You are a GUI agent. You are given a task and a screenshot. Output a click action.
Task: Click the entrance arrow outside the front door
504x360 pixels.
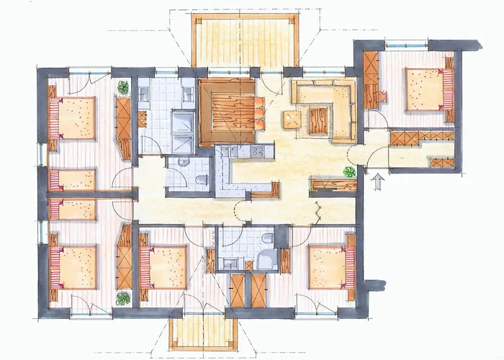click(x=377, y=179)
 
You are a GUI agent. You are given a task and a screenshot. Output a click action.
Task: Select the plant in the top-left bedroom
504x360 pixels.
click(x=123, y=87)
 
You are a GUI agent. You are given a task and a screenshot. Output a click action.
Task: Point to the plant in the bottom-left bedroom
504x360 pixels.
click(x=123, y=297)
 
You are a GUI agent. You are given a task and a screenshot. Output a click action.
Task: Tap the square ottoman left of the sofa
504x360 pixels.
click(x=292, y=120)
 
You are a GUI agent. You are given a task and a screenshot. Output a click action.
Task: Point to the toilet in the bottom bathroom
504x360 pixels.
click(x=267, y=238)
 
